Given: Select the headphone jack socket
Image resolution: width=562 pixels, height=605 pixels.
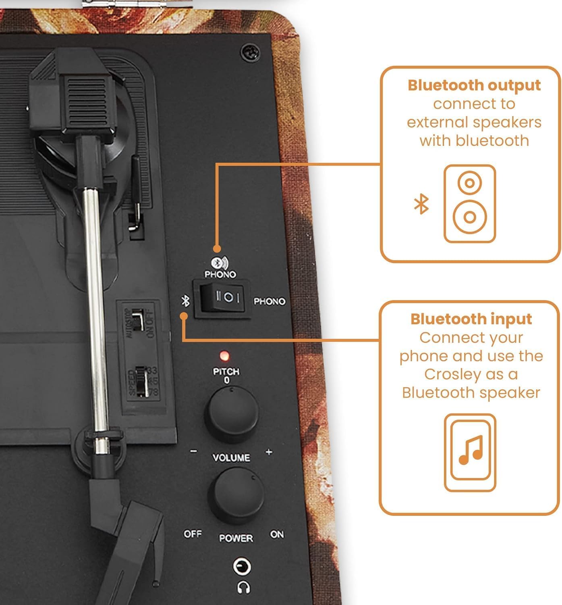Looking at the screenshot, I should [x=242, y=567].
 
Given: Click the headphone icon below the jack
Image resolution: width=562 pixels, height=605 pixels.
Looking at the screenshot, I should [x=243, y=587].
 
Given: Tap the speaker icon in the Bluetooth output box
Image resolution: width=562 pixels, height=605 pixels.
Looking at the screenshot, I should [x=469, y=203].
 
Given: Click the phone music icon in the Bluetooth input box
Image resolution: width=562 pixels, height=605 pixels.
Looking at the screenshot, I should [x=470, y=452].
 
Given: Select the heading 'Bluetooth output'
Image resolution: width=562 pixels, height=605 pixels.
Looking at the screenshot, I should [x=474, y=86].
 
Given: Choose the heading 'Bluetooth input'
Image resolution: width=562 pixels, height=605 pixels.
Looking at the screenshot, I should [x=471, y=319].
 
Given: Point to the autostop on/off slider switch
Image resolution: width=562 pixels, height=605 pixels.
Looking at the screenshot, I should [x=138, y=319].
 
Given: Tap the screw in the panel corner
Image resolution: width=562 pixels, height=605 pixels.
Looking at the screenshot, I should [x=250, y=52].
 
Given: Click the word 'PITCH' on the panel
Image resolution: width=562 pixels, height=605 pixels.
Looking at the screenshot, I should [x=226, y=371].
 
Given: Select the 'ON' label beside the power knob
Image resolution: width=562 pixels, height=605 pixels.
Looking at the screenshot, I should [x=277, y=534].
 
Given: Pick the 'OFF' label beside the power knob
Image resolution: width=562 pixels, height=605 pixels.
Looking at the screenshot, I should [x=193, y=534].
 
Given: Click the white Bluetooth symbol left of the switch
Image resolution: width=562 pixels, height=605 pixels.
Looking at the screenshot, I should [x=185, y=300].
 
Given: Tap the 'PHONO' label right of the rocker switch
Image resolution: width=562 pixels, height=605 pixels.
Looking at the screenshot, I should [x=269, y=301].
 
